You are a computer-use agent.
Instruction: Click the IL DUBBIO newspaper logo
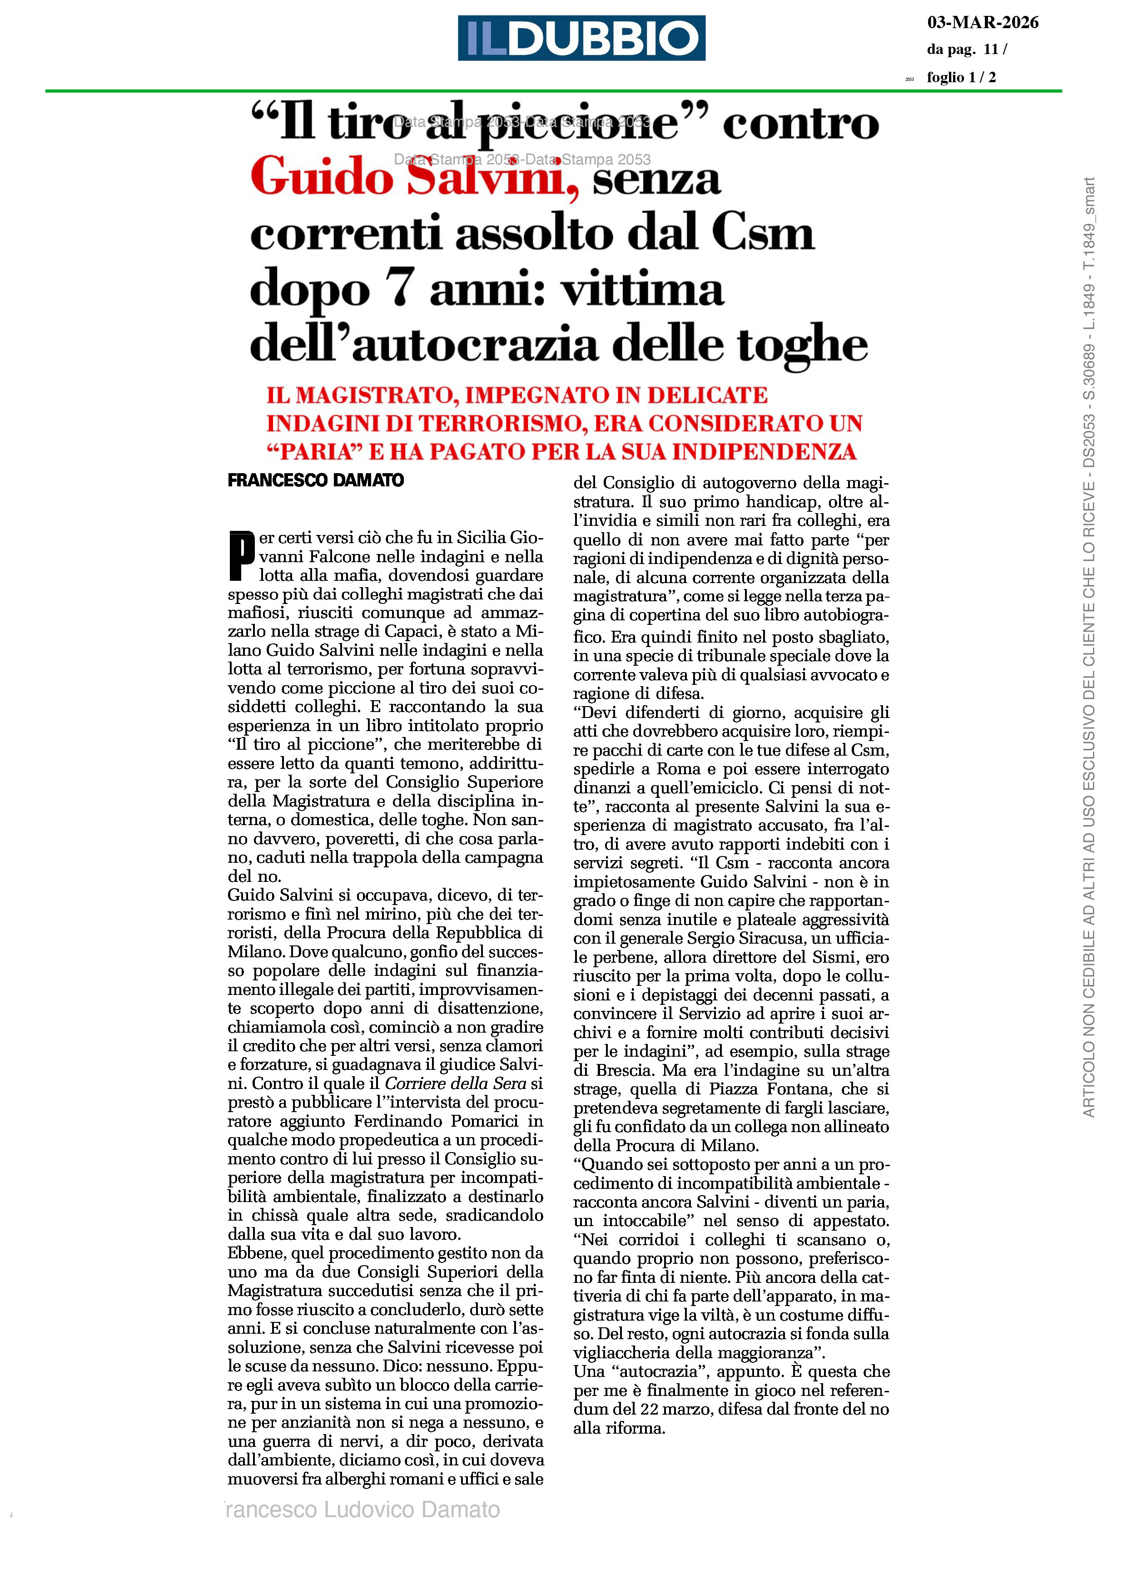click(x=581, y=38)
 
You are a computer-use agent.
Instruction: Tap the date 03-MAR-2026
click(x=982, y=23)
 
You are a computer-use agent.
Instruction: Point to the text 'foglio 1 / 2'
click(x=961, y=77)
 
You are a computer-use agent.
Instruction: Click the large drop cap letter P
click(x=241, y=555)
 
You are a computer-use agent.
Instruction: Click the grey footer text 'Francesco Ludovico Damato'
click(x=361, y=1509)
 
